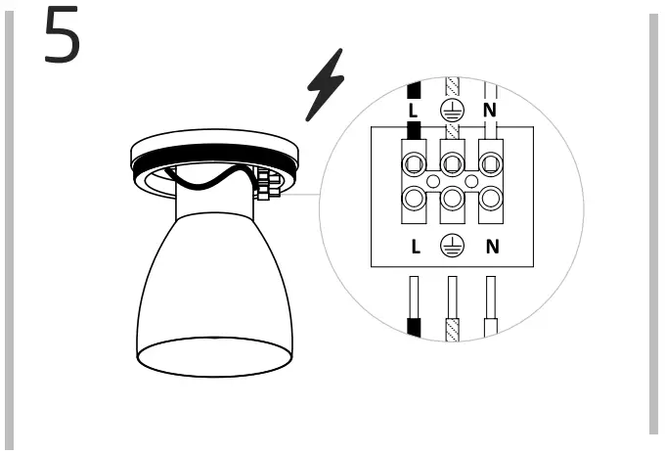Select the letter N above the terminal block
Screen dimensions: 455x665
[x=490, y=110]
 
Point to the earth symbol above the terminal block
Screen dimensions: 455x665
[x=452, y=111]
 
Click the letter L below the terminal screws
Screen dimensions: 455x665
[x=415, y=246]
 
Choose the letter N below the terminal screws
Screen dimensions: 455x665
[x=492, y=246]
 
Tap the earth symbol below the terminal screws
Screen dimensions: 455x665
[x=453, y=246]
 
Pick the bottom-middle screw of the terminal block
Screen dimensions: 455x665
[x=452, y=200]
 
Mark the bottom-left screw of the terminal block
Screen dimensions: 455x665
[x=414, y=200]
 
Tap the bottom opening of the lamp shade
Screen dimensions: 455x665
[x=214, y=357]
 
